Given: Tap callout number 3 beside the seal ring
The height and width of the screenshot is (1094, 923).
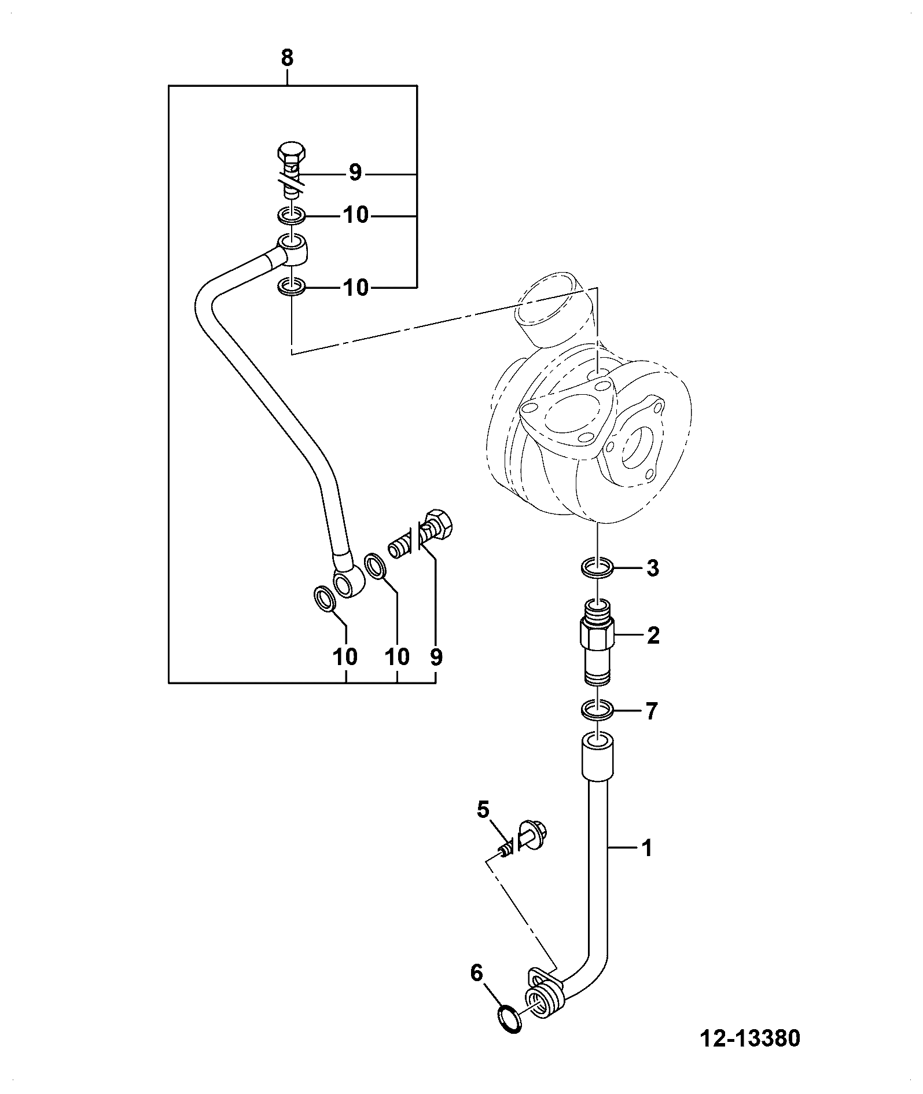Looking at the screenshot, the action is tap(652, 568).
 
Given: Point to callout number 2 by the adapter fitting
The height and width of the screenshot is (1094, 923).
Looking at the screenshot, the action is tap(653, 636).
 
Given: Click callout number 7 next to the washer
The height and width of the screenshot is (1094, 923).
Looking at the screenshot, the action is tap(652, 710).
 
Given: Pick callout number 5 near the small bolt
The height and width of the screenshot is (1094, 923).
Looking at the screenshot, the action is tap(483, 809).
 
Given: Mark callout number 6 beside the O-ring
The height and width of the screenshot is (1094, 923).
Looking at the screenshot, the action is tap(476, 973).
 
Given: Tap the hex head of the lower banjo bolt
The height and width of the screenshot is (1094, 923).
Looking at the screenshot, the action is tap(439, 522).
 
